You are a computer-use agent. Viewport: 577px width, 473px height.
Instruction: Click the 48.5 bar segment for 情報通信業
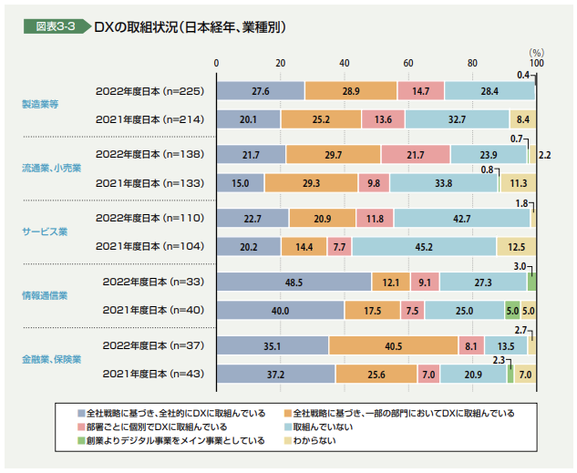294,283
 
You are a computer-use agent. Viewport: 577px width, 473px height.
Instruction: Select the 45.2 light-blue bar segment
424,246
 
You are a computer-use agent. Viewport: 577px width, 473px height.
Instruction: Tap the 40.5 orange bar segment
393,346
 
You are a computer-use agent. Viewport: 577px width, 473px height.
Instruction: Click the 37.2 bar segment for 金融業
275,374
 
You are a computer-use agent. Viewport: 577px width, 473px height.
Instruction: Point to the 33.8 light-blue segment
444,182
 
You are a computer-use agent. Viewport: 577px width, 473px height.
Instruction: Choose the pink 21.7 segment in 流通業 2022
415,155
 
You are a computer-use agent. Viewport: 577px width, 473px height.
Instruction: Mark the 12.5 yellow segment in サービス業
516,246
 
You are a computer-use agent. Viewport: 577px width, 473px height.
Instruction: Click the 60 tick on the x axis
408,63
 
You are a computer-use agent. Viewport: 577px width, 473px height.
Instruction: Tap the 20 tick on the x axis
280,63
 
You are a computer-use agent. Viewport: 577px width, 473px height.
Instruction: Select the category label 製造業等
40,105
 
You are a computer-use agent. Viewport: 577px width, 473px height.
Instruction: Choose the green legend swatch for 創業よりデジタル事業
80,441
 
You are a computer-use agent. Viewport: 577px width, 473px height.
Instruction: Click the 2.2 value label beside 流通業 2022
545,156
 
